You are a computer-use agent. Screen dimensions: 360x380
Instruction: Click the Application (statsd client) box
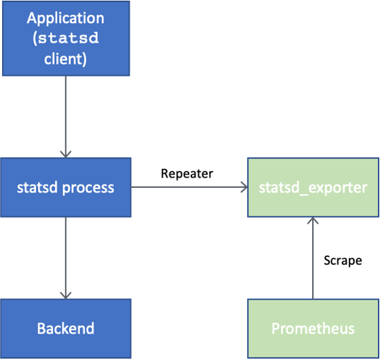pyautogui.click(x=66, y=38)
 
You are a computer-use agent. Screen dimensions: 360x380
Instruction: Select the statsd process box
pyautogui.click(x=66, y=188)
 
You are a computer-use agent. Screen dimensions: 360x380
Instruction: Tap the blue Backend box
pyautogui.click(x=66, y=329)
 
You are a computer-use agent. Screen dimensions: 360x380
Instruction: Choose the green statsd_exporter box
pyautogui.click(x=313, y=188)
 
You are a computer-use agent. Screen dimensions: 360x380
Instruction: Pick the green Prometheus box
pyautogui.click(x=313, y=329)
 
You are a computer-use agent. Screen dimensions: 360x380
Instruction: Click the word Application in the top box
pyautogui.click(x=66, y=18)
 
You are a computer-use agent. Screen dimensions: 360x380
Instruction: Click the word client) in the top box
pyautogui.click(x=66, y=58)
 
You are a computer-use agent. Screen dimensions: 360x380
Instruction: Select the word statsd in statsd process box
pyautogui.click(x=36, y=188)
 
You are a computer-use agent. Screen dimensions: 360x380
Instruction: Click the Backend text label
pyautogui.click(x=66, y=329)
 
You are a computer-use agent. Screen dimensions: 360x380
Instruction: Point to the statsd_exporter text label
pyautogui.click(x=313, y=188)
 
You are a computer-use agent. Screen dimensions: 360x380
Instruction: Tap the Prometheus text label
pyautogui.click(x=313, y=329)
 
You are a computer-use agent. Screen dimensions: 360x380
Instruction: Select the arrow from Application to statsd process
pyautogui.click(x=66, y=115)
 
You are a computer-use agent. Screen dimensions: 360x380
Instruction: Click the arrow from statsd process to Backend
pyautogui.click(x=66, y=258)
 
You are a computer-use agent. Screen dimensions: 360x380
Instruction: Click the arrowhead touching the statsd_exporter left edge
pyautogui.click(x=243, y=187)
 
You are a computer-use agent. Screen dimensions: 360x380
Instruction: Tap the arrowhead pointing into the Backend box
pyautogui.click(x=66, y=295)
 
